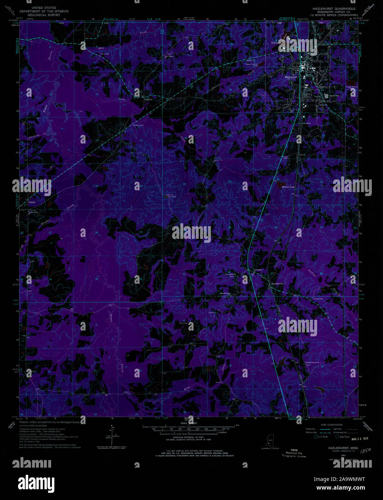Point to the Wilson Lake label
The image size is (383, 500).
[288, 187]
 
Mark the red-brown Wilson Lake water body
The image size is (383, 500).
[280, 185]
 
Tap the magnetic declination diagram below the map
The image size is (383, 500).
[113, 436]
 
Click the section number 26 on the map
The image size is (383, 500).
[96, 233]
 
